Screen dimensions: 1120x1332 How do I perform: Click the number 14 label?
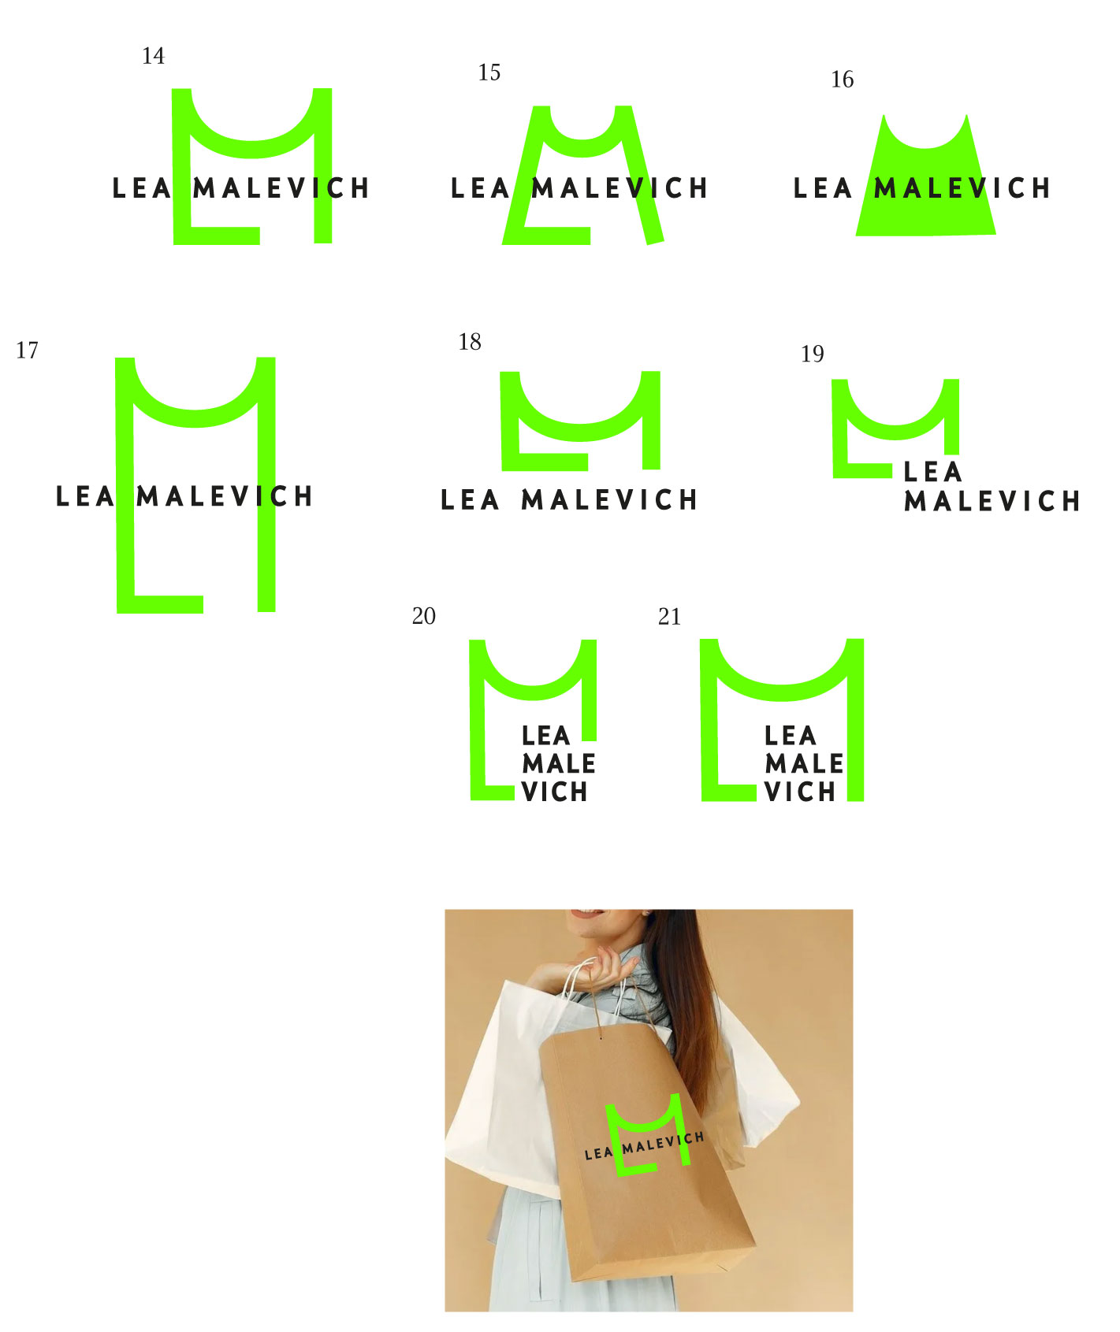[153, 56]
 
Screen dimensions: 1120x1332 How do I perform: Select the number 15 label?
[489, 72]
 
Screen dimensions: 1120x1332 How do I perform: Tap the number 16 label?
[842, 80]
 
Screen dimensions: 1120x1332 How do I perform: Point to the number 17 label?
[27, 351]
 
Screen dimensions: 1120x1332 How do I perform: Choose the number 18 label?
[470, 342]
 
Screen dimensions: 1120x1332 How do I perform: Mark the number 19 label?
[812, 354]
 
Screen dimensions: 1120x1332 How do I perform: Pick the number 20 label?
[423, 616]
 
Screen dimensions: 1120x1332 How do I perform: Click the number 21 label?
[669, 617]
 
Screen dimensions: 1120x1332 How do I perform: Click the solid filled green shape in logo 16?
[926, 185]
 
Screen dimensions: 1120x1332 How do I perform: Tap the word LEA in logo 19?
[932, 472]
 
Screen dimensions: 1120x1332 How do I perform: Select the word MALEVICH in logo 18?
[609, 499]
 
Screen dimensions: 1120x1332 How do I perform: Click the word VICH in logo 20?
[555, 792]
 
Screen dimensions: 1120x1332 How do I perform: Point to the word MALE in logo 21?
[804, 763]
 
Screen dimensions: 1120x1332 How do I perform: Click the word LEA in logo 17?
[85, 496]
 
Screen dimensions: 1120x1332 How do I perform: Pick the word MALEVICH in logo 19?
[992, 501]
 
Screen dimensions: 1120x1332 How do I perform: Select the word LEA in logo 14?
[142, 188]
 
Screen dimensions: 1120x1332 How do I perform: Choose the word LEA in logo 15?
[480, 188]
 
